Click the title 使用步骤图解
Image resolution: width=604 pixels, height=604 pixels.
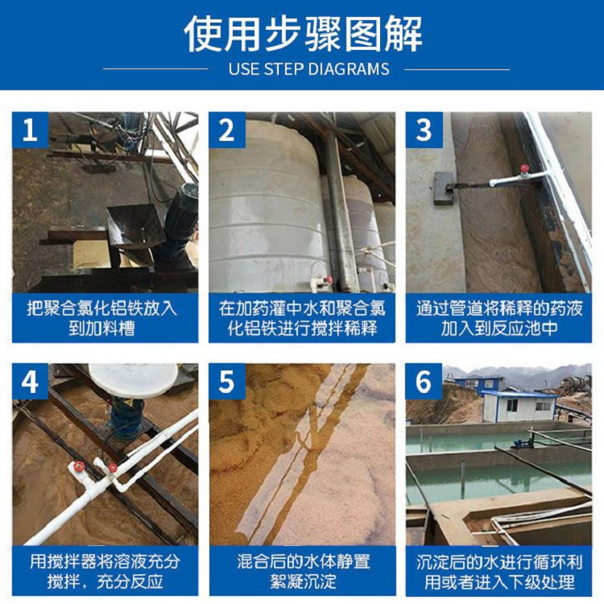tap(303, 34)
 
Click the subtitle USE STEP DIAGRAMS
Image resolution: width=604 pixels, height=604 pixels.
tap(308, 69)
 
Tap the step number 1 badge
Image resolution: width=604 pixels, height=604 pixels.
tap(30, 130)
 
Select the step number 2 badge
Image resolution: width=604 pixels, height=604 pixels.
tap(227, 130)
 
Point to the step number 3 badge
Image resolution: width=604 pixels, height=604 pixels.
tap(424, 130)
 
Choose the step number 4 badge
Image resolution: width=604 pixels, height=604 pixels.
tap(30, 382)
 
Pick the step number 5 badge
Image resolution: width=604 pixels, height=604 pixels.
tap(227, 382)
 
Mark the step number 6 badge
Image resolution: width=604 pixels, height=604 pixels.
tap(424, 382)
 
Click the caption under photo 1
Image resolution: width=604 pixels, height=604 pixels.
tap(102, 318)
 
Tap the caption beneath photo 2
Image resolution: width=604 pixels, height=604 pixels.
tap(302, 318)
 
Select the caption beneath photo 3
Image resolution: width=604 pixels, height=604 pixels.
tap(499, 318)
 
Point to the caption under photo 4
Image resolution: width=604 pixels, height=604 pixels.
tap(105, 571)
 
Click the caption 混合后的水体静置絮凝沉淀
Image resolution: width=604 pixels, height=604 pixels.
tap(303, 571)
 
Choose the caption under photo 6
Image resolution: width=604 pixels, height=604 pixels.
tap(499, 572)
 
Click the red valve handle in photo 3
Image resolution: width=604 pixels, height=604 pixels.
tap(524, 168)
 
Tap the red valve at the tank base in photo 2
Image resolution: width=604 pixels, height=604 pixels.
tap(328, 279)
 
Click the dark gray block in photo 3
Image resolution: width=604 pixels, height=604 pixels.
tap(444, 188)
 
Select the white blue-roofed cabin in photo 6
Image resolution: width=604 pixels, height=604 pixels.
tap(519, 406)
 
